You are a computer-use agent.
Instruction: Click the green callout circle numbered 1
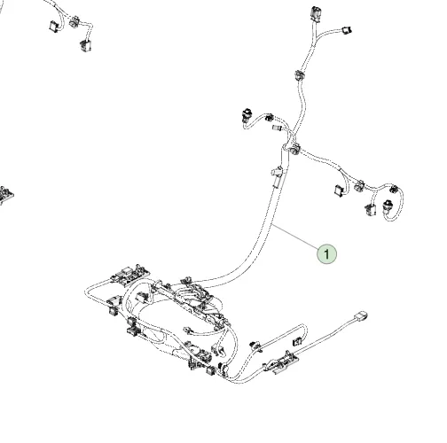pyautogui.click(x=326, y=253)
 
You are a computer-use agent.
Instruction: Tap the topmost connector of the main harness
pyautogui.click(x=315, y=14)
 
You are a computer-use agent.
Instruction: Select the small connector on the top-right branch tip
pyautogui.click(x=346, y=30)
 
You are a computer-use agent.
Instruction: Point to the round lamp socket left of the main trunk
pyautogui.click(x=246, y=116)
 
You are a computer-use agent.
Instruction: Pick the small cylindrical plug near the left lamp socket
pyautogui.click(x=277, y=128)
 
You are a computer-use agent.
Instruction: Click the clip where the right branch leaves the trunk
pyautogui.click(x=294, y=149)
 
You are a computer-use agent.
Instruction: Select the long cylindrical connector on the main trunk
pyautogui.click(x=277, y=176)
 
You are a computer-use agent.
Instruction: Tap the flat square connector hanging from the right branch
pyautogui.click(x=339, y=190)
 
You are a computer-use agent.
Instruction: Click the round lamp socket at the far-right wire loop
pyautogui.click(x=387, y=206)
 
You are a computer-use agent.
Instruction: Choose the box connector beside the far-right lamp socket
pyautogui.click(x=371, y=210)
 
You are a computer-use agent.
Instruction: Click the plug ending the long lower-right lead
pyautogui.click(x=361, y=316)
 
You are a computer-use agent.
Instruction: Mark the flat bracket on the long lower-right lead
pyautogui.click(x=281, y=362)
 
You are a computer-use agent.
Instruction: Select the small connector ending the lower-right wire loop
pyautogui.click(x=297, y=341)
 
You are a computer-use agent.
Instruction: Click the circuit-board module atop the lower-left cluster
pyautogui.click(x=130, y=275)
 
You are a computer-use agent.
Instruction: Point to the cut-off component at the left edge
pyautogui.click(x=5, y=195)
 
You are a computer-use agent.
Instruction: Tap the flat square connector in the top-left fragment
pyautogui.click(x=53, y=26)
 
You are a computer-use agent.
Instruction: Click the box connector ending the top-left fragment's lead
pyautogui.click(x=85, y=45)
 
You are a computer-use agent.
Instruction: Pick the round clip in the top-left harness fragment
pyautogui.click(x=74, y=21)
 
